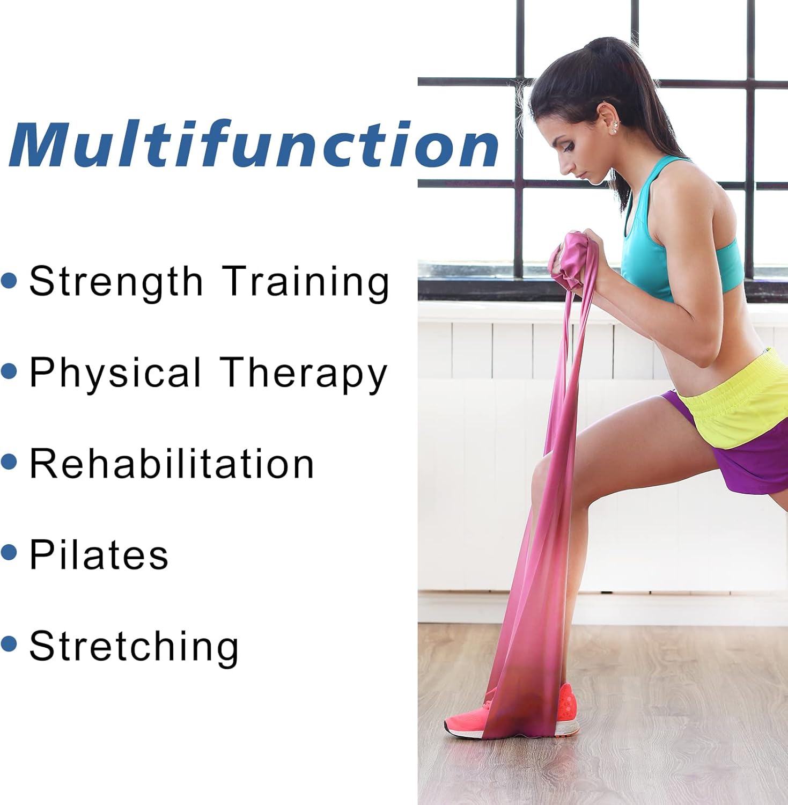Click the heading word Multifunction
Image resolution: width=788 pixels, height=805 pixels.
coord(254,144)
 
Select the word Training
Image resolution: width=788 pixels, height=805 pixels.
coord(306,282)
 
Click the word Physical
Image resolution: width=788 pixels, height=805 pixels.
coord(115,373)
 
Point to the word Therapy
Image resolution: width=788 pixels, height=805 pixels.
coord(304,373)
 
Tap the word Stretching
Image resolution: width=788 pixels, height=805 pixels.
coord(134,647)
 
